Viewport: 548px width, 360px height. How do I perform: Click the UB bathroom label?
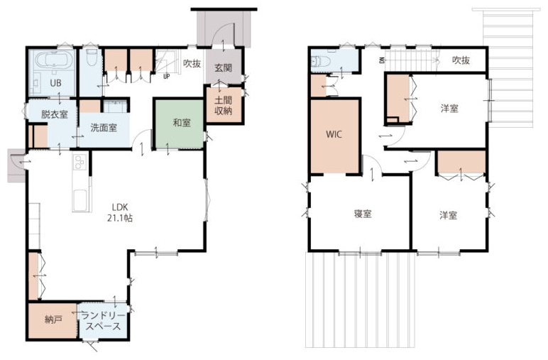[55, 83]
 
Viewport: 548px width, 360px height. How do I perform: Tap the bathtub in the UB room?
[54, 60]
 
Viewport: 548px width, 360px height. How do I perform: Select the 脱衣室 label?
[55, 114]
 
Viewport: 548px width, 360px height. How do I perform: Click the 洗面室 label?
[104, 128]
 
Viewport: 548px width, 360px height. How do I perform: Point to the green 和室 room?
[180, 124]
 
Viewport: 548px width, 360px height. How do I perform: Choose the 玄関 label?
[224, 67]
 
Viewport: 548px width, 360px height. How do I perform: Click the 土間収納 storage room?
[224, 105]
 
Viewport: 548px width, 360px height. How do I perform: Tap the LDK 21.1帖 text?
[120, 212]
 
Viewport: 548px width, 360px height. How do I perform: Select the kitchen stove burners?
[80, 162]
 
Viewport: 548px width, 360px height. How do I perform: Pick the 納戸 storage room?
[53, 320]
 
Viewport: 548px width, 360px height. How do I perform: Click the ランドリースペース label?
[103, 321]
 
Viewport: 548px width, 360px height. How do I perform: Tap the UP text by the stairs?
[166, 76]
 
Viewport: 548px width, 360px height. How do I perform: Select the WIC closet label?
[334, 134]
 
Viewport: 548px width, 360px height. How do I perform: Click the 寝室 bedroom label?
[363, 214]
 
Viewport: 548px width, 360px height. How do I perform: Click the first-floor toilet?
[92, 58]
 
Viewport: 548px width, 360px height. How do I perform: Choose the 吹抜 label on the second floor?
[461, 60]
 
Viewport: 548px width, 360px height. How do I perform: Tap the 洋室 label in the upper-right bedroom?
[449, 109]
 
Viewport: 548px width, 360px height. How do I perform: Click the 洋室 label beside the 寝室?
[449, 215]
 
